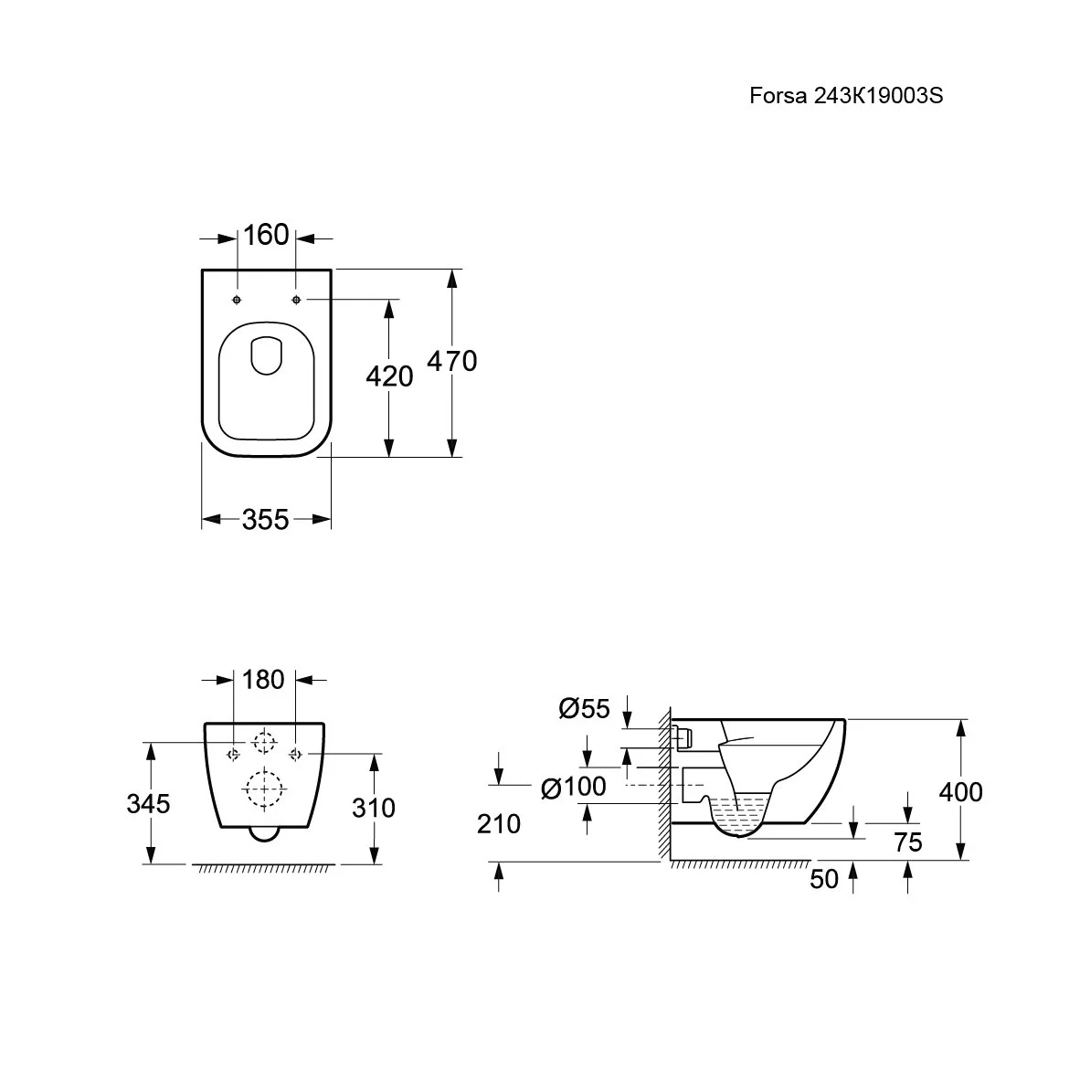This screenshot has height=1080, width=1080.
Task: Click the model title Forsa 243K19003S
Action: [846, 96]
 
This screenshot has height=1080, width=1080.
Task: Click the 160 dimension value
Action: [266, 236]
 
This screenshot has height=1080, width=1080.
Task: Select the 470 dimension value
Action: [452, 361]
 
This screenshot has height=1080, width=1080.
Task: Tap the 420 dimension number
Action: [389, 376]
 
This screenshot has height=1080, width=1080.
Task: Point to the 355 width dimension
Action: [265, 519]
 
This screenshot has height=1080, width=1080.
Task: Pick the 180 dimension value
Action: [263, 680]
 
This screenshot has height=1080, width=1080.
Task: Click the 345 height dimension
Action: [148, 804]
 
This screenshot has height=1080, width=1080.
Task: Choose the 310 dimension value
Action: [374, 808]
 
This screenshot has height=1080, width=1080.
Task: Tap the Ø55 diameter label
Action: [584, 708]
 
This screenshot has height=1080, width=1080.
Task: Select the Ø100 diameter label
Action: [574, 787]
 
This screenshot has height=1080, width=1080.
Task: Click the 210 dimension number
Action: [499, 824]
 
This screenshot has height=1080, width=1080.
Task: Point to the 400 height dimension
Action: [961, 792]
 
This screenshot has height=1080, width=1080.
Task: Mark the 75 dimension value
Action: [908, 842]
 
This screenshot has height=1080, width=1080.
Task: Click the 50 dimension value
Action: [824, 879]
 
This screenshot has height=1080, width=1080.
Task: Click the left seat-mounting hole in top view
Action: [237, 300]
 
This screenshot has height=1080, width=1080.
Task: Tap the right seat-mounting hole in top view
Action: [296, 300]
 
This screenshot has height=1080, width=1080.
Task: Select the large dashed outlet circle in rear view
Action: [264, 788]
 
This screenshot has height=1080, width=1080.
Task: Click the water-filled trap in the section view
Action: [739, 816]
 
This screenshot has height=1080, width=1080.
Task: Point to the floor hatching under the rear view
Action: [264, 869]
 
